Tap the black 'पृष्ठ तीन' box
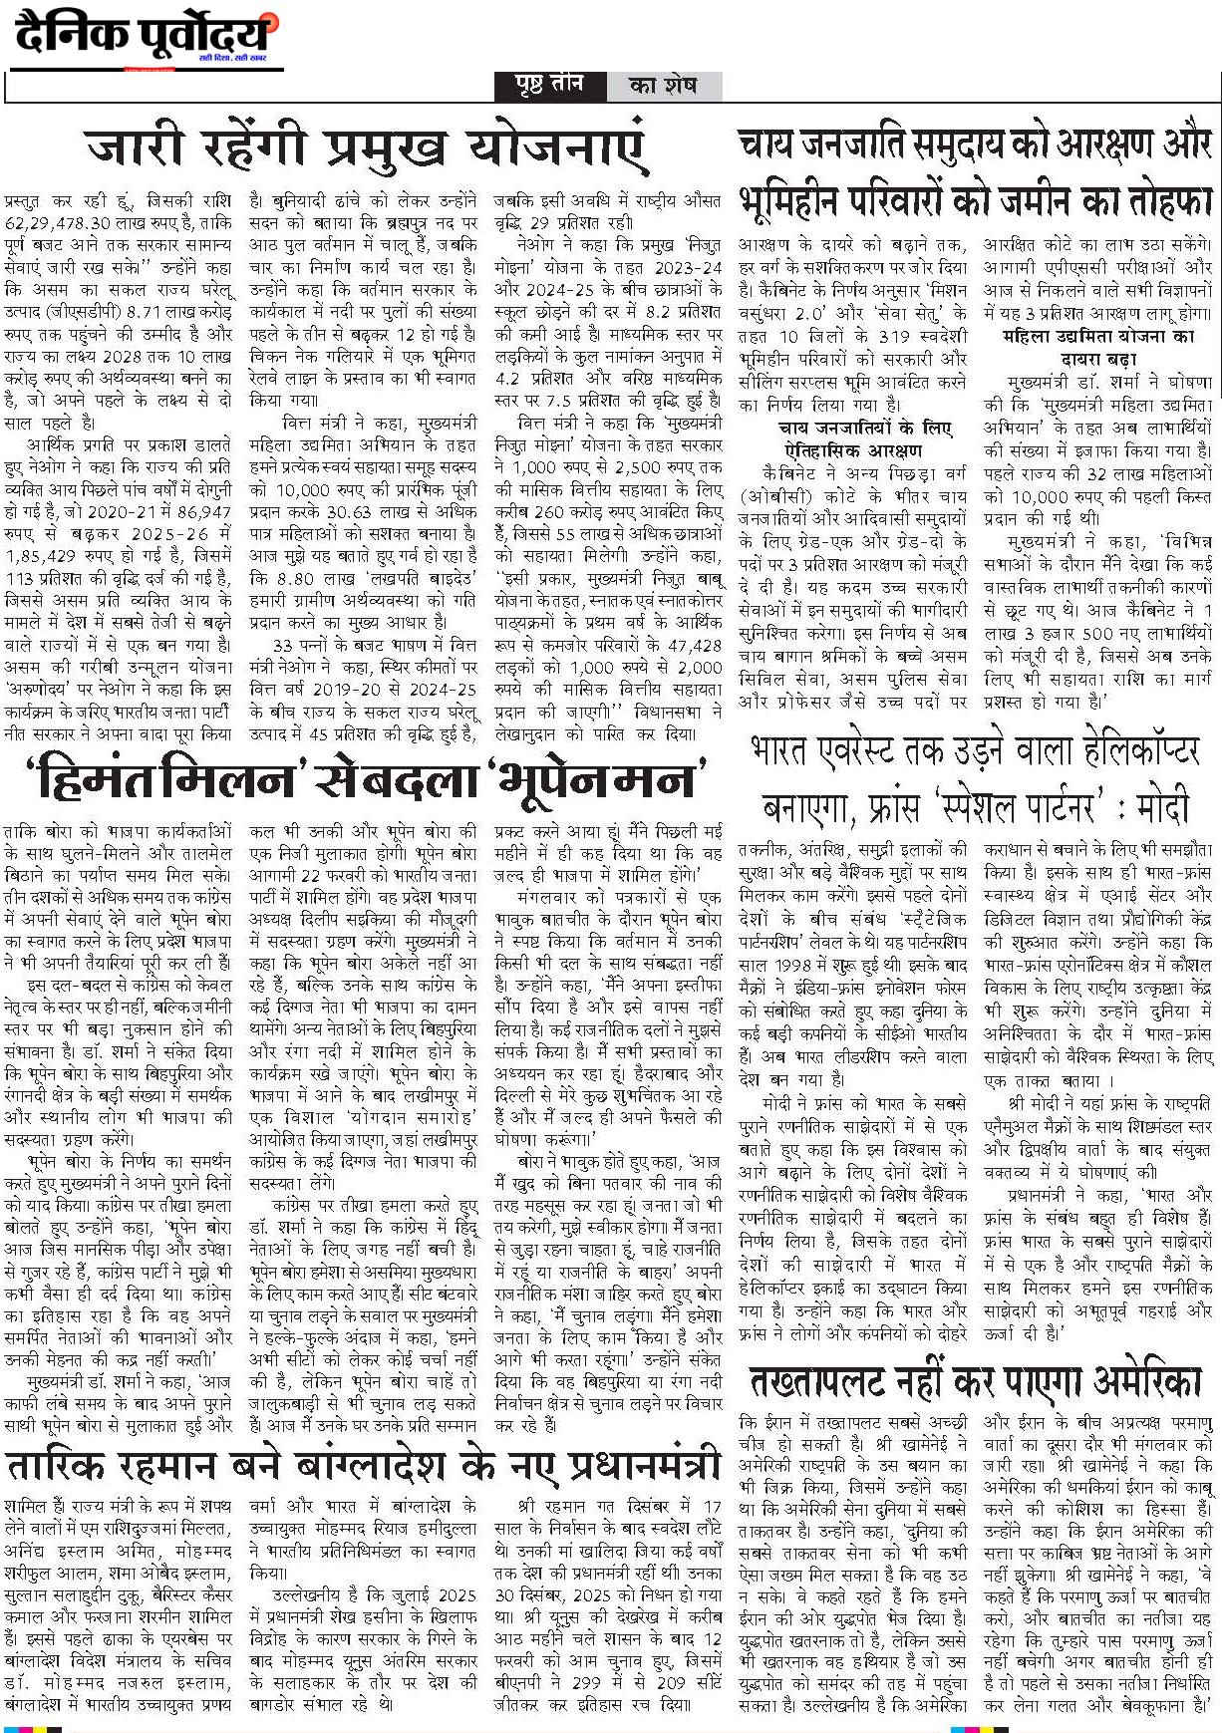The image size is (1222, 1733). pos(548,87)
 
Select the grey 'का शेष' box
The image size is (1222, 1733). pos(663,87)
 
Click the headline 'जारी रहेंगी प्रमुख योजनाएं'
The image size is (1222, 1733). pos(367,149)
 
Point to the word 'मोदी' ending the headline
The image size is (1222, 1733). pos(1157,804)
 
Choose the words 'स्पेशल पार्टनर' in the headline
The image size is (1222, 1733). pos(994,804)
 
